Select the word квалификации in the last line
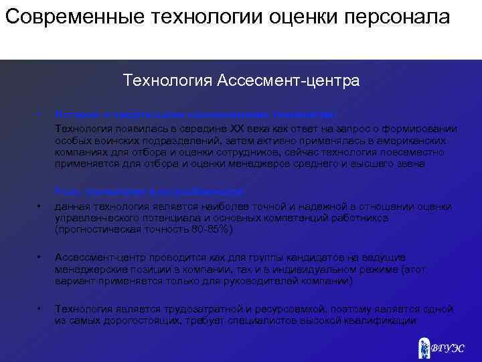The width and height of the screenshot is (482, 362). [x=384, y=320]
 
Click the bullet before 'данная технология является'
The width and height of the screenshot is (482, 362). [x=40, y=206]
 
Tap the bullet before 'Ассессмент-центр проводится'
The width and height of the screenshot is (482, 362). [x=40, y=257]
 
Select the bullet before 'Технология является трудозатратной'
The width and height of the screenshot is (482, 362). [x=40, y=309]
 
